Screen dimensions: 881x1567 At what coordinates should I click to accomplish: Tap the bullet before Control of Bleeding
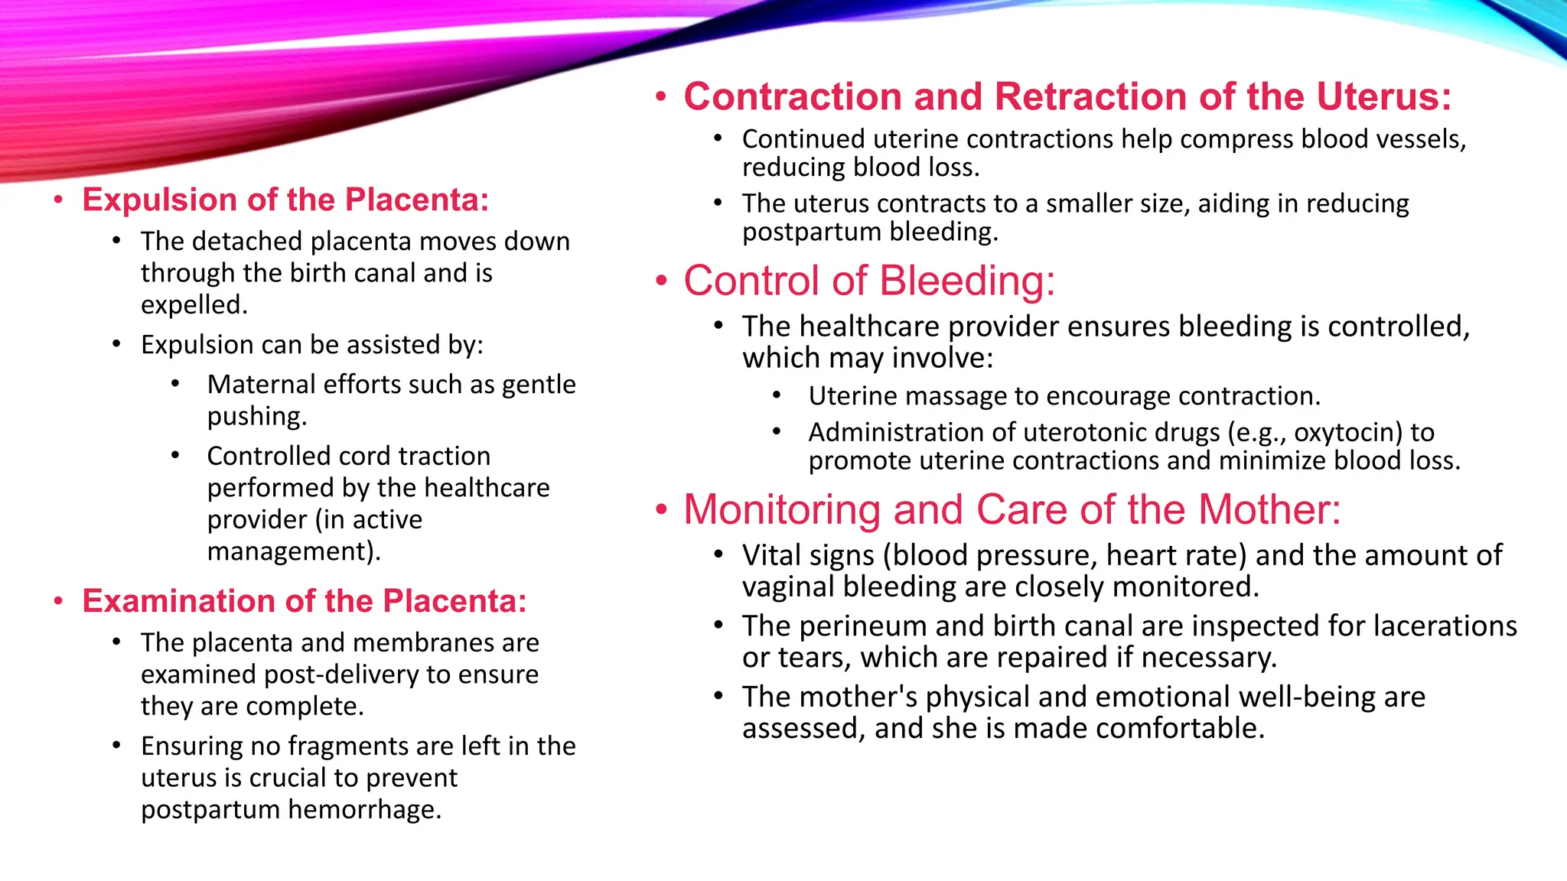click(x=662, y=281)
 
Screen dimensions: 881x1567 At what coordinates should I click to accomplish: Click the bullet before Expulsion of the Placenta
click(x=58, y=201)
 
